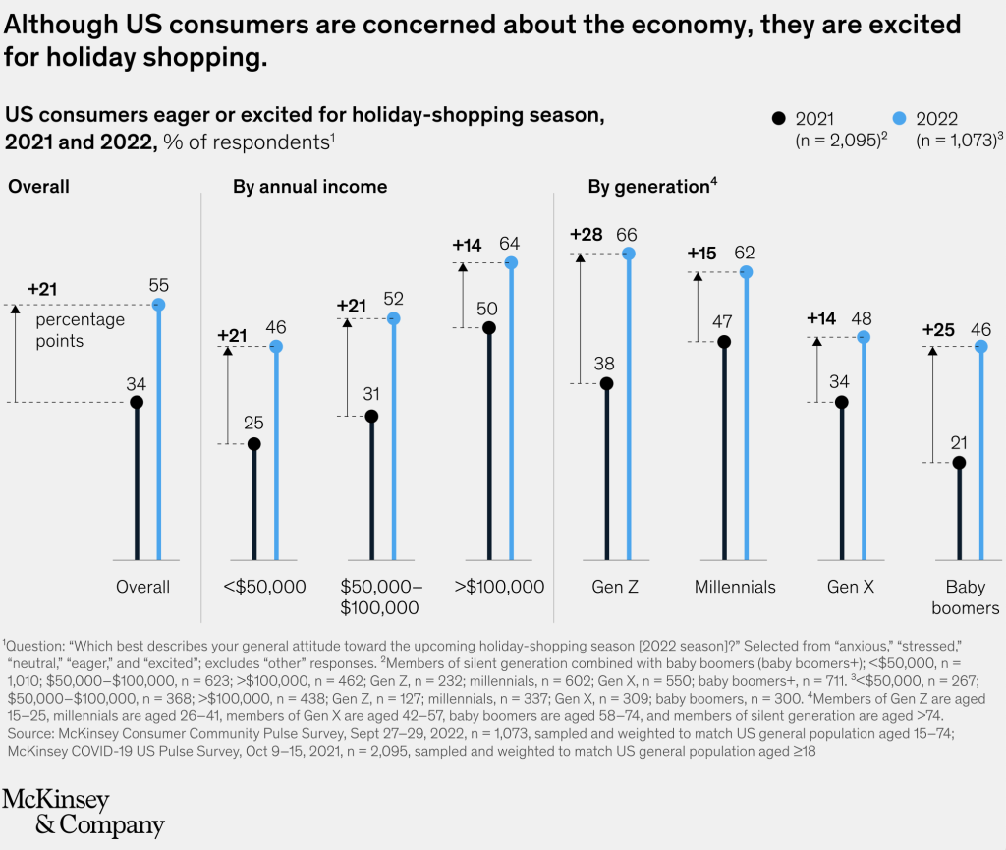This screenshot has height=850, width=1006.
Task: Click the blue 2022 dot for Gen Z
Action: point(629,254)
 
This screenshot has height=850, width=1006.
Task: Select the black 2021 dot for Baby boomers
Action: point(959,462)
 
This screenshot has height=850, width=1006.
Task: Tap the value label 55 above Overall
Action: point(159,286)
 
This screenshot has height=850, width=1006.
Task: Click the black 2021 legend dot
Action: point(779,118)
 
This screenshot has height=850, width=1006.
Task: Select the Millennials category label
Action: point(735,587)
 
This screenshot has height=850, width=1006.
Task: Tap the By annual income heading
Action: point(309,187)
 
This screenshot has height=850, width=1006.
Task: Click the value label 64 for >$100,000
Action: point(510,243)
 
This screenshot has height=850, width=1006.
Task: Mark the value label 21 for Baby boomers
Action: point(959,442)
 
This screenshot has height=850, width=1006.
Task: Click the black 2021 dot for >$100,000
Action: point(488,328)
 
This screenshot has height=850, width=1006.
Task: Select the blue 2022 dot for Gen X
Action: point(864,337)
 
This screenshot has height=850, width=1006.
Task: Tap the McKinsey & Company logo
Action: point(84,812)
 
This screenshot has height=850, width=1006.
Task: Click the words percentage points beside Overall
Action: point(81,330)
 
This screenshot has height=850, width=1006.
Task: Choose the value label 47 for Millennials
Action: point(724,322)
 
